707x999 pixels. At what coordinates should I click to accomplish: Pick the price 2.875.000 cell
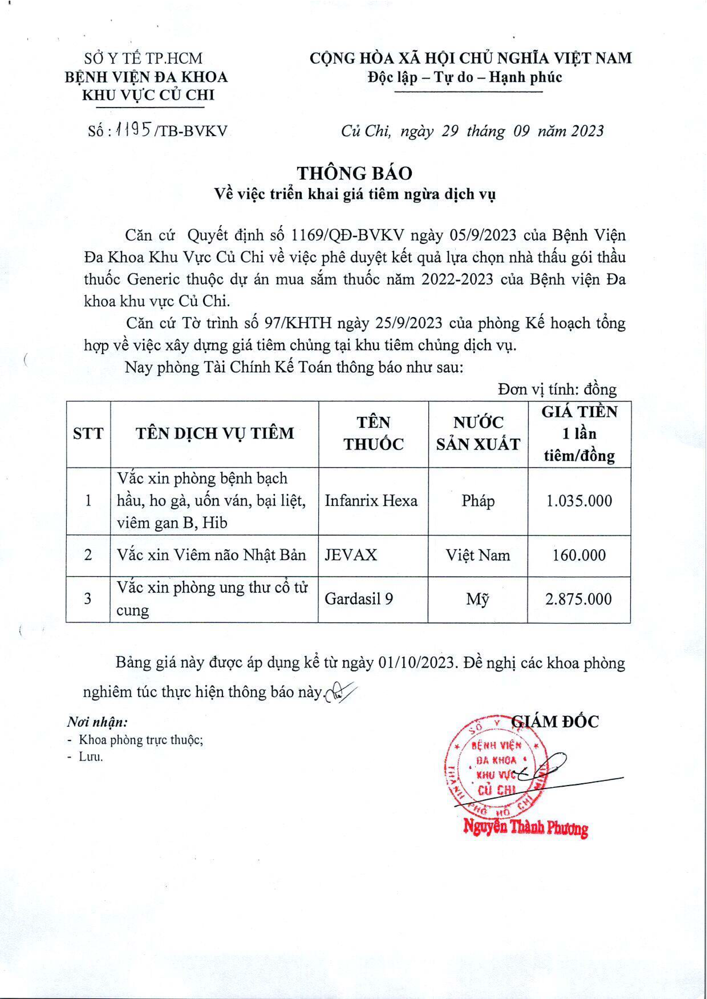coord(579,599)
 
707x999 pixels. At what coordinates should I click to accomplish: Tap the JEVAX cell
coord(351,555)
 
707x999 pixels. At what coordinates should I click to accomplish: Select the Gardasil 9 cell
coord(359,599)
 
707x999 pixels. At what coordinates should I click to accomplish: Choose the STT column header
coord(88,433)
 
